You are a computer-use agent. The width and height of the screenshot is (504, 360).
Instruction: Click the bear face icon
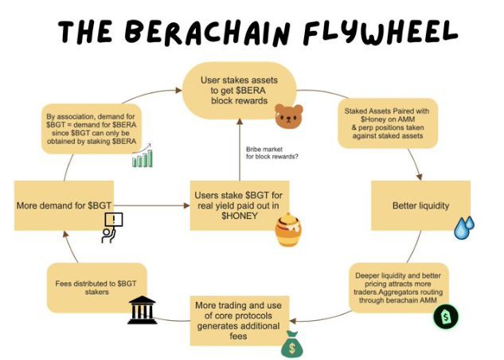click(289, 118)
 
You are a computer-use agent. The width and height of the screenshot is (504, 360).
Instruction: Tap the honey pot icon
click(288, 230)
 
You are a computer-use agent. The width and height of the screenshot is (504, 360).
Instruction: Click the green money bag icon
click(292, 343)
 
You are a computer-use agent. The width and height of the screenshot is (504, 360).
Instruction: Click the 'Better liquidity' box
click(420, 205)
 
